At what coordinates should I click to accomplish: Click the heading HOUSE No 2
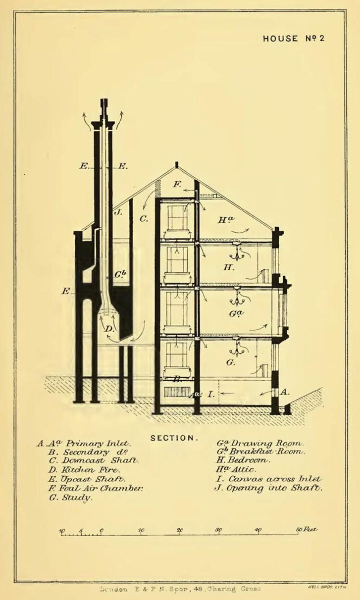click(x=294, y=39)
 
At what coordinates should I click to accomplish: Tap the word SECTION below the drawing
click(x=174, y=438)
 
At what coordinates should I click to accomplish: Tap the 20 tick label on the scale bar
click(x=180, y=530)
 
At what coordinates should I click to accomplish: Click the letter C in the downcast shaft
click(x=144, y=218)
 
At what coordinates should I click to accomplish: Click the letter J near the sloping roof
click(x=118, y=212)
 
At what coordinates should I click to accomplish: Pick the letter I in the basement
click(x=210, y=394)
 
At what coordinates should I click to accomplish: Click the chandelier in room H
click(x=238, y=253)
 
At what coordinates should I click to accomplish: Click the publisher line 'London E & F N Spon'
click(x=180, y=589)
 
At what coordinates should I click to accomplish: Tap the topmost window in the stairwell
click(x=177, y=217)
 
